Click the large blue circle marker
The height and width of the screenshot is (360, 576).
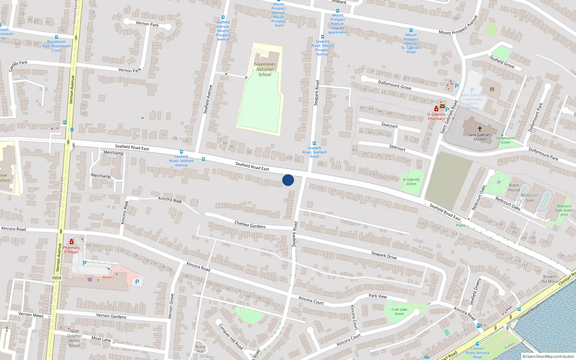pos(288,180)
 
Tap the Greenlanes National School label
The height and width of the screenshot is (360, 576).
pos(265,69)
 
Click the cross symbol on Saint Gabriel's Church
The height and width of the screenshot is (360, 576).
pos(480,129)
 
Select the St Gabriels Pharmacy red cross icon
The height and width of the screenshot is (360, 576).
pos(436,109)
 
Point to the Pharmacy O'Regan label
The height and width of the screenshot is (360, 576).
pos(71,250)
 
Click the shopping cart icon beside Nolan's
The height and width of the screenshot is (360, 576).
pos(90,279)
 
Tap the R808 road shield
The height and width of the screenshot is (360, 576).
pos(57,278)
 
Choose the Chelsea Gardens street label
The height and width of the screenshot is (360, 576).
pos(250,225)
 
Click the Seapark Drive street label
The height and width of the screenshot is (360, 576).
pos(384,255)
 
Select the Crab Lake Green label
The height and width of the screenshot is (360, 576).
pos(399,311)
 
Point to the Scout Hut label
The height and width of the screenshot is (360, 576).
pos(200,349)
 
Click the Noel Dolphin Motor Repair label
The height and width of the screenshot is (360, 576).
pos(75,338)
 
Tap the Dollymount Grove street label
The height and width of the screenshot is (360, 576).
pos(395,85)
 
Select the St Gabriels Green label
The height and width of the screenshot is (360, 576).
pos(411,181)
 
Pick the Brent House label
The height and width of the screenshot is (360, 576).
pos(514,188)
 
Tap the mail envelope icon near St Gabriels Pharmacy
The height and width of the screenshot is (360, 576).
pos(442,106)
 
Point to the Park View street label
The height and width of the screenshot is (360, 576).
pos(378,296)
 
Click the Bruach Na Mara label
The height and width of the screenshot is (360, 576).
pos(550,279)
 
